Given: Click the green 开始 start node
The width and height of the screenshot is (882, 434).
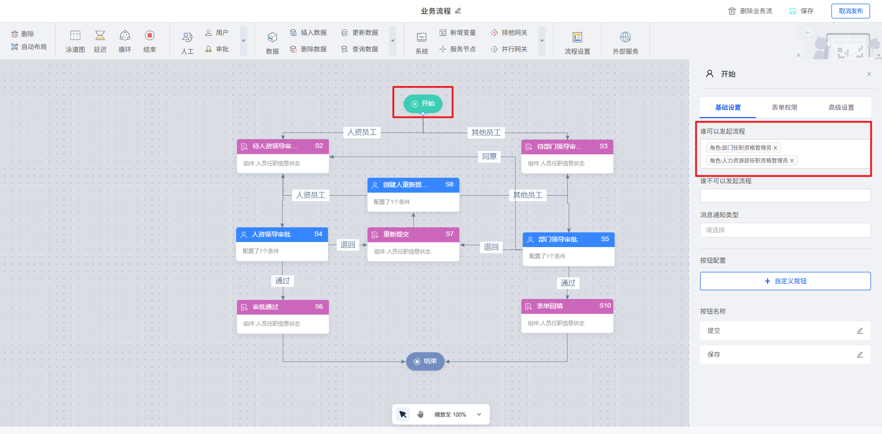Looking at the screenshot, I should (423, 104).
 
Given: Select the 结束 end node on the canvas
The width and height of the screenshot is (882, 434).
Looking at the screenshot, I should (425, 361).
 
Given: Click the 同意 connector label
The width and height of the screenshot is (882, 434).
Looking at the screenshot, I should (489, 157).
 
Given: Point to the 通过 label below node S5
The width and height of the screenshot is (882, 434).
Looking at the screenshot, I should (568, 283).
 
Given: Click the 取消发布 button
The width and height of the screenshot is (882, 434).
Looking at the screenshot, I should (850, 11).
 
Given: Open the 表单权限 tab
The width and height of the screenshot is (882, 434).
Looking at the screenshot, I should (784, 107).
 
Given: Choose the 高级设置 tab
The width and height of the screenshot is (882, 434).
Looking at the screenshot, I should (841, 107).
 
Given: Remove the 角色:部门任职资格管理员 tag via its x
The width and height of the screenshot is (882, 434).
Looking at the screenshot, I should (775, 148).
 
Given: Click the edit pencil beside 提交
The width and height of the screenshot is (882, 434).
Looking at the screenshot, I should (860, 331).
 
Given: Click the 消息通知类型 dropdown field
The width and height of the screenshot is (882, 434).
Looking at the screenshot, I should (785, 230).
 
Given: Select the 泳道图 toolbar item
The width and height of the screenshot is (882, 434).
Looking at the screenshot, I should (75, 41).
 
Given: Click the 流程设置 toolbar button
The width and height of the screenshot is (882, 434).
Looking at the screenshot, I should (577, 43).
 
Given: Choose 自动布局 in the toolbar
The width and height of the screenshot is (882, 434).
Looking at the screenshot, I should (29, 47).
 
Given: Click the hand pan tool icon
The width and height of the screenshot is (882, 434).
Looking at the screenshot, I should (420, 414).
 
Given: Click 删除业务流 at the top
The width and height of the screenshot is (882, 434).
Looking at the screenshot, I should (750, 11).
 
